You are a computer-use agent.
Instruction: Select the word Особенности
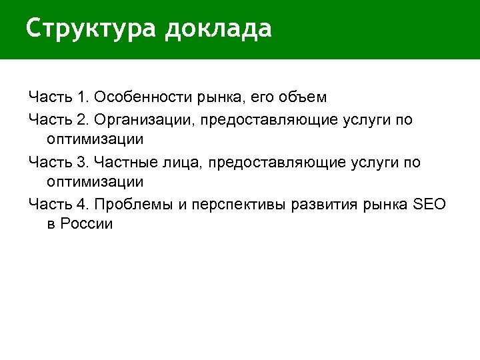point(143,97)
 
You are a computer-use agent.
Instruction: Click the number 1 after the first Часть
point(82,97)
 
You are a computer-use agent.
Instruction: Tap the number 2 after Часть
point(83,120)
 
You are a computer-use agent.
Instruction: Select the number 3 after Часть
point(83,162)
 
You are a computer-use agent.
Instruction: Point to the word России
point(87,225)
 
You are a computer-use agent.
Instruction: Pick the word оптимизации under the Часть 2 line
point(95,140)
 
